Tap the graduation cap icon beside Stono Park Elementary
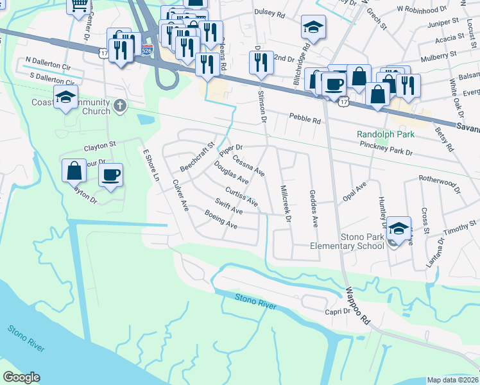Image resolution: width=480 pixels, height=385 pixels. click(x=399, y=229)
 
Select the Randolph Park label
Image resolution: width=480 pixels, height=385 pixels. click(x=386, y=135)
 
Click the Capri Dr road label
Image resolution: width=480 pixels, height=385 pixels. click(x=338, y=311)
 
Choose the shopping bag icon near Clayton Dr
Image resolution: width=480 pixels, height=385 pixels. click(x=74, y=171)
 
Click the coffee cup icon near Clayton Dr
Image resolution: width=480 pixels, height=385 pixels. click(x=111, y=175)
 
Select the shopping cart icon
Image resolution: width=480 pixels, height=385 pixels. click(x=80, y=6)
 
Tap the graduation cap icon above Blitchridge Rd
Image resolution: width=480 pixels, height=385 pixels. click(x=313, y=28)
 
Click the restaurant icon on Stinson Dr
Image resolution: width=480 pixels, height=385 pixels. click(x=261, y=63)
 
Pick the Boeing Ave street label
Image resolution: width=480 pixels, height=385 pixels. click(x=221, y=220)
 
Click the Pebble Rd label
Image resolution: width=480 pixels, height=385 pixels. click(x=303, y=117)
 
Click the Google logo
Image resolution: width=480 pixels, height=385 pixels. click(x=21, y=377)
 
